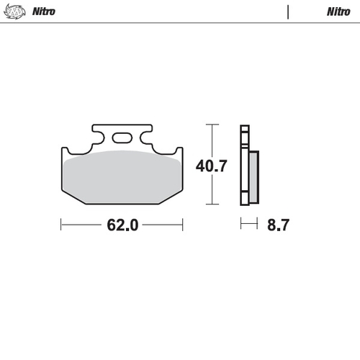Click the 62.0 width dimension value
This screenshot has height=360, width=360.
[122, 225]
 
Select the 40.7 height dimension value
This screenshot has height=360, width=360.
[212, 166]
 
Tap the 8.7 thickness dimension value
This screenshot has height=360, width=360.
[278, 225]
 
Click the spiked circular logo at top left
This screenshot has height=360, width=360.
[14, 12]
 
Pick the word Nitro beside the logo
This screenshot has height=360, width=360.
[44, 12]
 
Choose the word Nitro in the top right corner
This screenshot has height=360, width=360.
[338, 12]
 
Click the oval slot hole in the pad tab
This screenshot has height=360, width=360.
[122, 138]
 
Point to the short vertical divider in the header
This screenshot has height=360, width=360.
[288, 12]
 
